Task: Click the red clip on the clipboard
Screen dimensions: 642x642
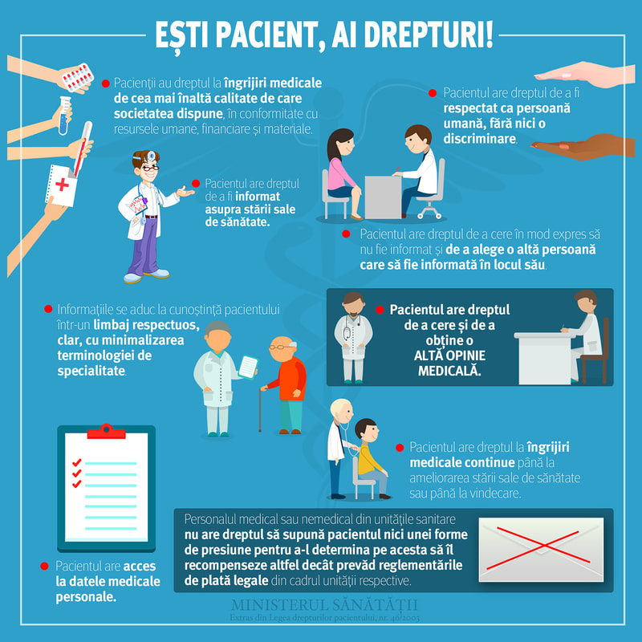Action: click(x=106, y=433)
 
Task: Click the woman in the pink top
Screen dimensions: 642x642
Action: click(x=342, y=169)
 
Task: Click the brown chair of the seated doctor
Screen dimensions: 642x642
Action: click(x=594, y=353)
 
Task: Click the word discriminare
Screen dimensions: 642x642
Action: click(x=477, y=139)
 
